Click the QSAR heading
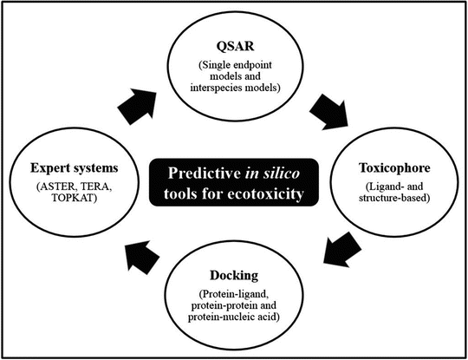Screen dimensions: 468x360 (235, 47)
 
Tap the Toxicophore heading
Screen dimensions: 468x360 (394, 168)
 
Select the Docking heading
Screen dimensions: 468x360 (234, 276)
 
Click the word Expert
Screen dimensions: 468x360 (50, 168)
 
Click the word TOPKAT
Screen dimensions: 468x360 (74, 198)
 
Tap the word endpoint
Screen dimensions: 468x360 (252, 65)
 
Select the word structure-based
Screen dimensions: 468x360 (394, 198)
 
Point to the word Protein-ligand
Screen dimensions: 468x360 (234, 295)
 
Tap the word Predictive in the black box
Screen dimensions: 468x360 (205, 173)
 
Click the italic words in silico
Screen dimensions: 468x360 (272, 173)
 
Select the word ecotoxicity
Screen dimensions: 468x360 (266, 194)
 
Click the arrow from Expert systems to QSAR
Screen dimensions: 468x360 (138, 106)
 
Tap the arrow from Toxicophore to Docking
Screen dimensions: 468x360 (342, 250)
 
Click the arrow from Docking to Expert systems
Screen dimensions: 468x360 (141, 258)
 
